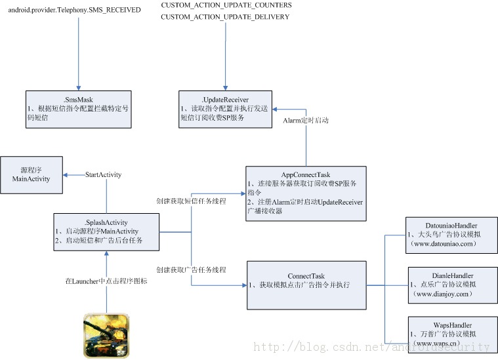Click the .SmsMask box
click(x=79, y=109)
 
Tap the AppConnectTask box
click(x=305, y=193)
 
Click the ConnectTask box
click(x=306, y=285)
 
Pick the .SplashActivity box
click(x=106, y=231)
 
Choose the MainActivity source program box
click(x=31, y=174)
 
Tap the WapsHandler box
click(x=451, y=333)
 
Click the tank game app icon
click(x=106, y=335)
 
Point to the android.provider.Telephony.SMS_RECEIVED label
click(x=74, y=10)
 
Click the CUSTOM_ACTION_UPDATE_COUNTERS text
click(x=226, y=5)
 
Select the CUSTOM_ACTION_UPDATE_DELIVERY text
click(x=225, y=17)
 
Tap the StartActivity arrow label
click(x=104, y=175)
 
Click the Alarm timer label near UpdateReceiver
click(x=306, y=121)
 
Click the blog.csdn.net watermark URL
click(x=371, y=347)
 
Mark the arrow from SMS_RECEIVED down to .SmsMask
click(x=79, y=52)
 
